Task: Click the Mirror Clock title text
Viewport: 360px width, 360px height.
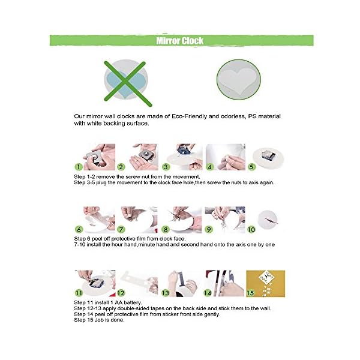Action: point(180,41)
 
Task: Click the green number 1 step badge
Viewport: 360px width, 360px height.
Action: point(79,167)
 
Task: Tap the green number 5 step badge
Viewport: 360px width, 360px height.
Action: point(251,167)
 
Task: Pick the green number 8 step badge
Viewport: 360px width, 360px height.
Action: point(166,229)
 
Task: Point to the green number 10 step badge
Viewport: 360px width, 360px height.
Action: point(251,229)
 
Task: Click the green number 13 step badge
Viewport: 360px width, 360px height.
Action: point(166,293)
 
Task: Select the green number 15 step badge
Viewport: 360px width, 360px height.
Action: point(250,293)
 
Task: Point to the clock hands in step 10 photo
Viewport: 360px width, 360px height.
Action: point(271,221)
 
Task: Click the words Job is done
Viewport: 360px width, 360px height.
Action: point(109,320)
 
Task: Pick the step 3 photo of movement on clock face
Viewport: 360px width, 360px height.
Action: point(182,157)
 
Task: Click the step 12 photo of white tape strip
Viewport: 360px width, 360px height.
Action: point(139,283)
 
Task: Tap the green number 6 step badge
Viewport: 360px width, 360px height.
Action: point(79,229)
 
